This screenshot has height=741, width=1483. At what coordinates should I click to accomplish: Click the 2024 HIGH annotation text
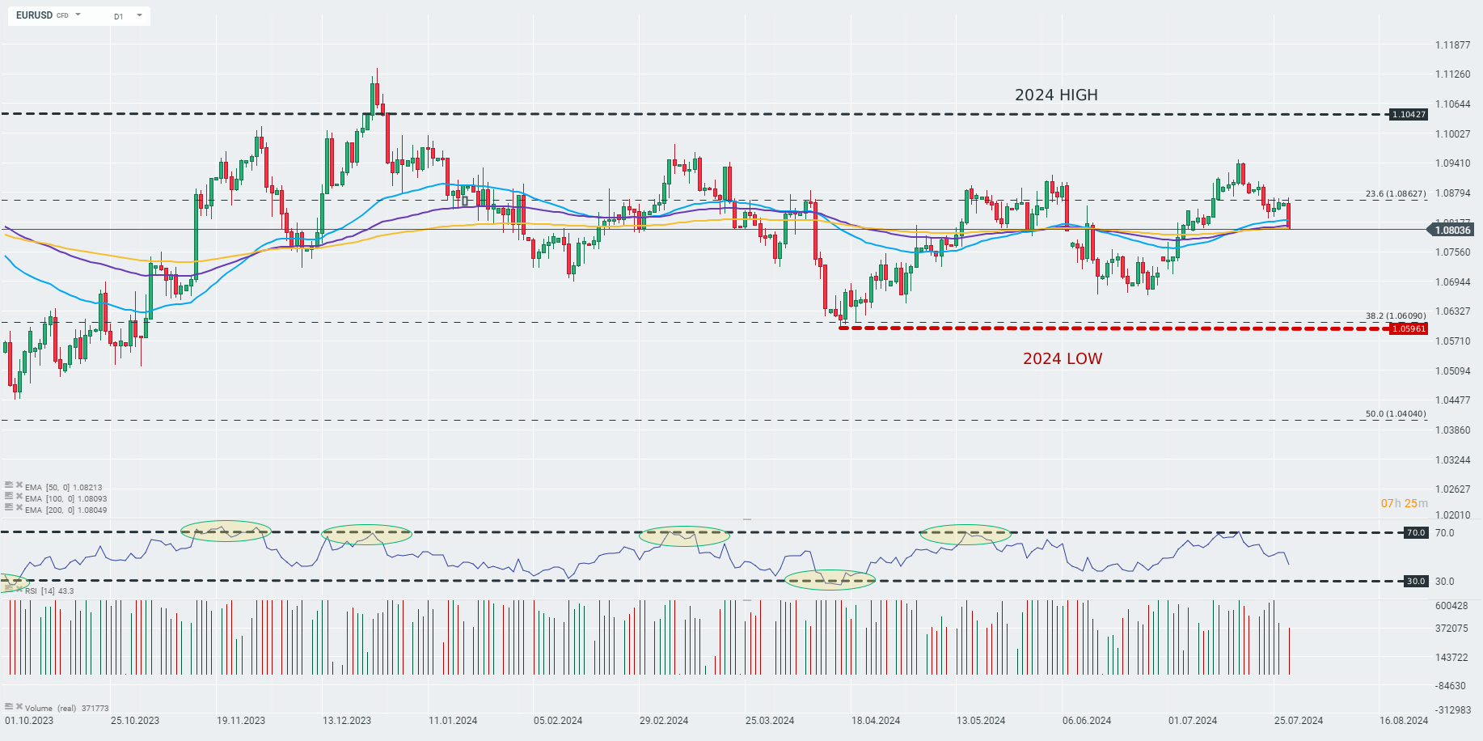[1056, 95]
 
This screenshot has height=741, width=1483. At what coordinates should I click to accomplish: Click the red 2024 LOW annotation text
[1062, 359]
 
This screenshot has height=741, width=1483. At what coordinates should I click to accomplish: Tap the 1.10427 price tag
[1408, 115]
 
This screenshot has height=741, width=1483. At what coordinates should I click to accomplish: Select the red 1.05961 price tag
[1408, 329]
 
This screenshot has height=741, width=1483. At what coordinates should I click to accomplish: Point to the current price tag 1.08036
[1451, 231]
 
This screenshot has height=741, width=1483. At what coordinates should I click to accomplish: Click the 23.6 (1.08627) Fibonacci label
[1396, 194]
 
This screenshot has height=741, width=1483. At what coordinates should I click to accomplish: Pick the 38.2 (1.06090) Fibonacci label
[1396, 316]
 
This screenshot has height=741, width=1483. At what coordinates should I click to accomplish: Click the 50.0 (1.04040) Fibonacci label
[1396, 414]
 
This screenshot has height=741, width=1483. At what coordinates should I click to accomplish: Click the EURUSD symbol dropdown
[49, 15]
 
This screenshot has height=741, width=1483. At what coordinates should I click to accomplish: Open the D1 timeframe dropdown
[128, 16]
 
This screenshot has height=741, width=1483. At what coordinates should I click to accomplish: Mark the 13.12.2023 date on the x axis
[347, 721]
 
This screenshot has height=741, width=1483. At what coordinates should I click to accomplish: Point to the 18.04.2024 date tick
[876, 721]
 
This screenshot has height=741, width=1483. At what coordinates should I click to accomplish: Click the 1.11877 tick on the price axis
[1452, 45]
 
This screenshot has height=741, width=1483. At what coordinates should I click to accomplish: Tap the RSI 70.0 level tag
[1416, 533]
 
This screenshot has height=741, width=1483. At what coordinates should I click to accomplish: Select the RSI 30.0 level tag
[1416, 582]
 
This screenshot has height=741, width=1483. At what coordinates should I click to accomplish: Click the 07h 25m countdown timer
[1404, 504]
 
